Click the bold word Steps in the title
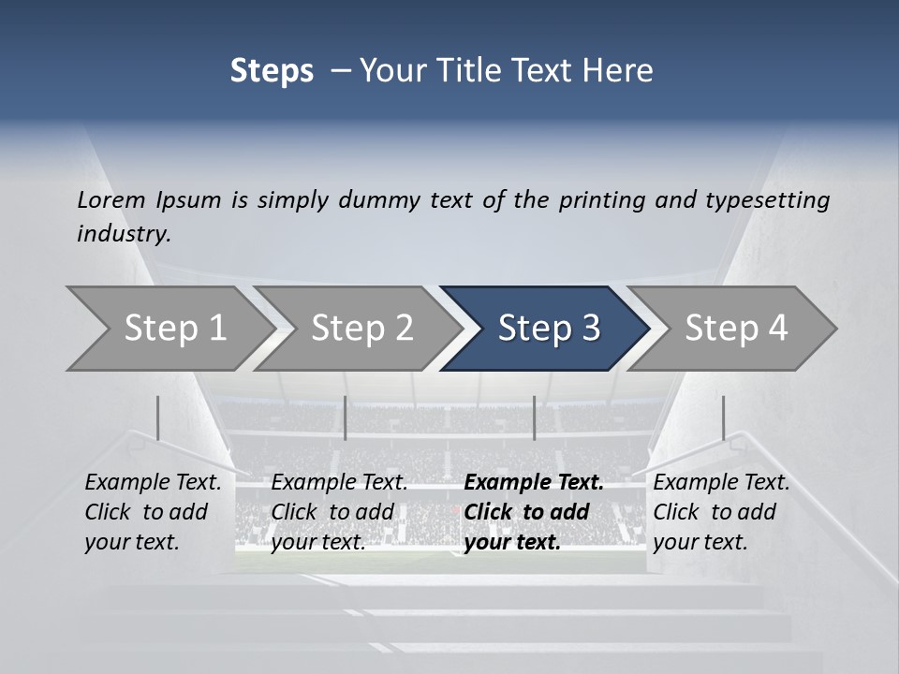click(272, 71)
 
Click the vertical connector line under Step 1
click(158, 418)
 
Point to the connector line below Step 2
click(346, 418)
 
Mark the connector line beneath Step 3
click(535, 418)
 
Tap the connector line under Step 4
click(723, 418)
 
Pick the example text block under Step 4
click(721, 512)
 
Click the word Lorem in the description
click(111, 199)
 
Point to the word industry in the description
click(124, 234)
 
